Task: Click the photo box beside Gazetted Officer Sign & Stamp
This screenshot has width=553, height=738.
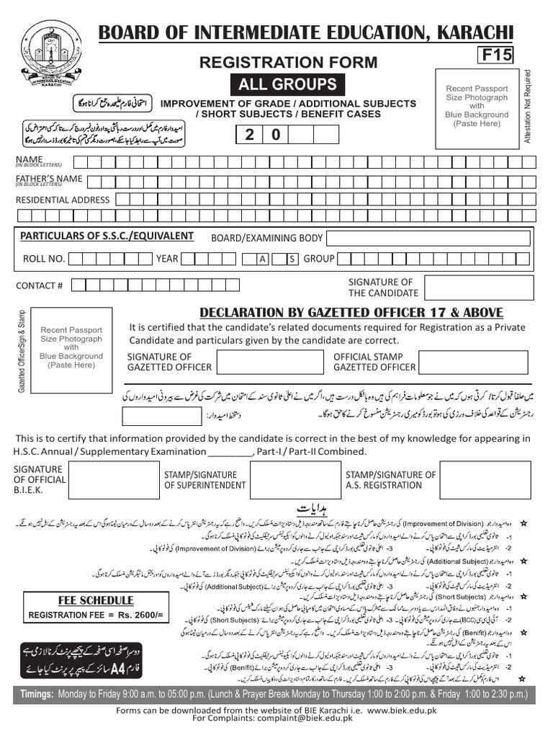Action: tap(71, 347)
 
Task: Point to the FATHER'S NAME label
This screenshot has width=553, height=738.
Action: tap(49, 179)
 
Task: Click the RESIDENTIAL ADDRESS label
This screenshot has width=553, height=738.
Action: tap(63, 200)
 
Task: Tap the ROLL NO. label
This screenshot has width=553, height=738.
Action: tap(44, 258)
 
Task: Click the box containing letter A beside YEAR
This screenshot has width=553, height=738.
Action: tap(263, 259)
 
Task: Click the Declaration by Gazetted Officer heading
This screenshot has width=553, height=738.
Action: tap(351, 312)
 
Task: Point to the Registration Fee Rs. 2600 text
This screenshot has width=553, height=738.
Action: tap(96, 615)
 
